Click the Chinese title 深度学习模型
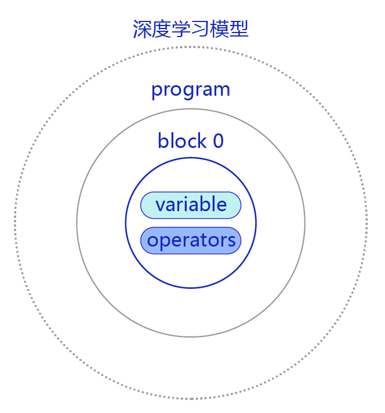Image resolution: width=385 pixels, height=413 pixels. (x=190, y=29)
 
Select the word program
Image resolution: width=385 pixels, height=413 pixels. (x=191, y=90)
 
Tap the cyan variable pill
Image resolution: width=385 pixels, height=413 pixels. (x=191, y=205)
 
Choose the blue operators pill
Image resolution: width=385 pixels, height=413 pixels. (x=191, y=241)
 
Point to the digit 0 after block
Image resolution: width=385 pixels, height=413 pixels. (x=219, y=141)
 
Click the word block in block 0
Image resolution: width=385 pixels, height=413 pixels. (x=182, y=140)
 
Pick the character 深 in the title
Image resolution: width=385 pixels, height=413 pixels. (x=142, y=29)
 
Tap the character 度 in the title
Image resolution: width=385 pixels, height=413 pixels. (x=161, y=29)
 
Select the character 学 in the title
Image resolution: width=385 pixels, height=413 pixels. (x=181, y=29)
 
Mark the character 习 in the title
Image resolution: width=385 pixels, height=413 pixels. (x=200, y=29)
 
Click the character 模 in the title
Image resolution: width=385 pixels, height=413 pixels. (x=219, y=29)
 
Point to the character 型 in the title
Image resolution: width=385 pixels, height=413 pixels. (x=239, y=29)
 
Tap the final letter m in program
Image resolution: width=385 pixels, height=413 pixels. (x=222, y=90)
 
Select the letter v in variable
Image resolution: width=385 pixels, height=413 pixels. (x=161, y=205)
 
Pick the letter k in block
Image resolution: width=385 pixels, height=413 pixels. (x=202, y=140)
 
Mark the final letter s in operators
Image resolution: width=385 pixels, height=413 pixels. (x=231, y=241)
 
